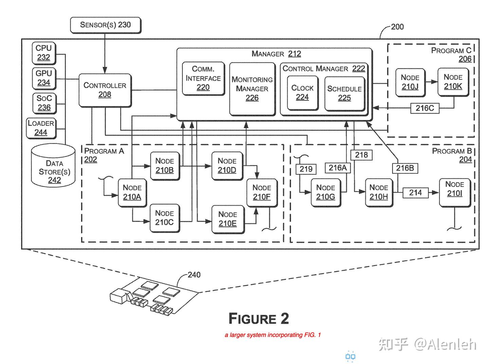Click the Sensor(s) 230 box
pos(105,25)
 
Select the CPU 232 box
pos(44,53)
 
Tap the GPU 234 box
pos(44,78)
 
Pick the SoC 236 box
pos(44,103)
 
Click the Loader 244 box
pos(41,128)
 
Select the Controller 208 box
pos(105,90)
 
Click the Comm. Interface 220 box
pos(203,78)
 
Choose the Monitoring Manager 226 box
pos(252,89)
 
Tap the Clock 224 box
pos(302,93)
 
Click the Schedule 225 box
pos(344,93)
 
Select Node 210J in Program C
pos(410,82)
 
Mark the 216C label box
pos(424,108)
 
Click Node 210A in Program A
pos(132,192)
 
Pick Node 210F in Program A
pos(261,192)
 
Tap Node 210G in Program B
pos(325,192)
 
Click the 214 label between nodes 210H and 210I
pos(415,193)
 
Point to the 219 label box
pos(306,169)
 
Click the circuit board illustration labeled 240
pos(153,295)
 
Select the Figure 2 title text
pos(258,319)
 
